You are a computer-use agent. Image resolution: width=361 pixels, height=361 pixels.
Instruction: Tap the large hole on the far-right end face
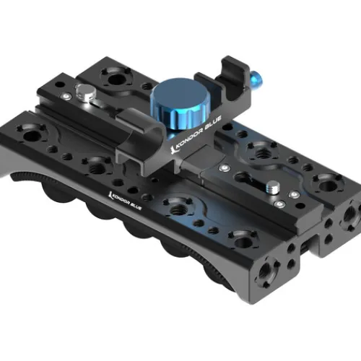click(x=353, y=214)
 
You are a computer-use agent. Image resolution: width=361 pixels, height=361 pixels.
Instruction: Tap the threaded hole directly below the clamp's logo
click(x=170, y=204)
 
